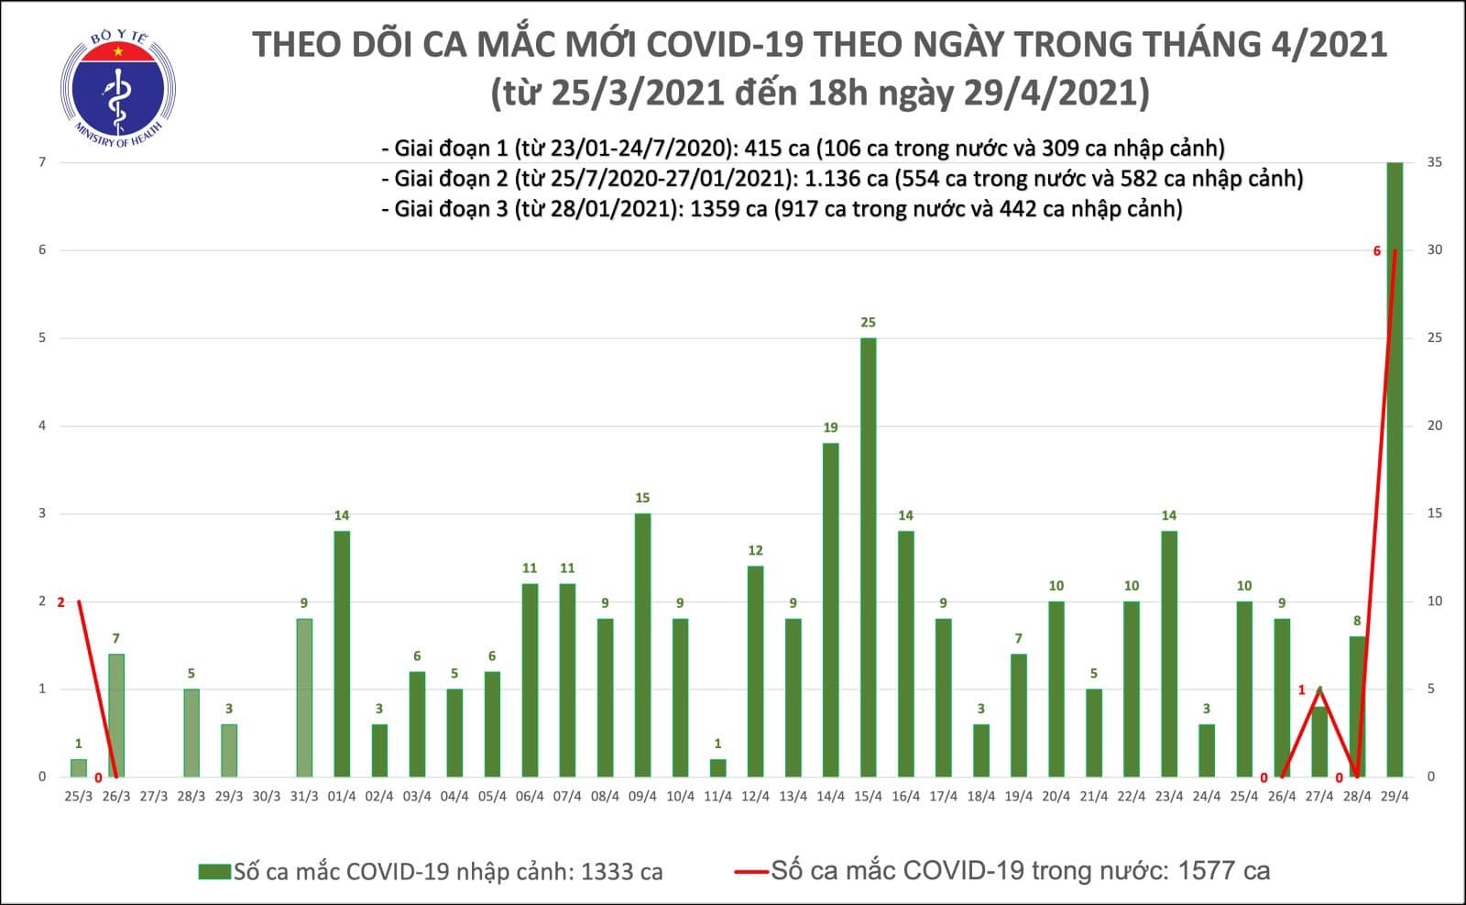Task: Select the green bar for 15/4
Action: tap(868, 557)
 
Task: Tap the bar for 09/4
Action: tap(642, 645)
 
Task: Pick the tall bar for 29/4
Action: tap(1395, 469)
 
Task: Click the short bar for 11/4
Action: tap(717, 767)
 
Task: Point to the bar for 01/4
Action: tap(342, 653)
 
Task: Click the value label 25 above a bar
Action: tap(868, 322)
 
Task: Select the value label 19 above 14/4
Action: tap(830, 427)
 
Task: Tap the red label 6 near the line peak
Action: tap(1376, 250)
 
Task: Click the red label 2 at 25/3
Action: tap(60, 602)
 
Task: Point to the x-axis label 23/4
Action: tap(1168, 796)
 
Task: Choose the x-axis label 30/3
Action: tap(266, 796)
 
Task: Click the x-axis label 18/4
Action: tap(980, 796)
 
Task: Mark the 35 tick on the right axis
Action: tap(1435, 162)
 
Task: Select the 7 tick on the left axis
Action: tap(42, 162)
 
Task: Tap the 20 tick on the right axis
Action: tap(1435, 425)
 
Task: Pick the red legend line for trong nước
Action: tap(750, 871)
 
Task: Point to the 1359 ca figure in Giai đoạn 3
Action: tap(728, 209)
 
